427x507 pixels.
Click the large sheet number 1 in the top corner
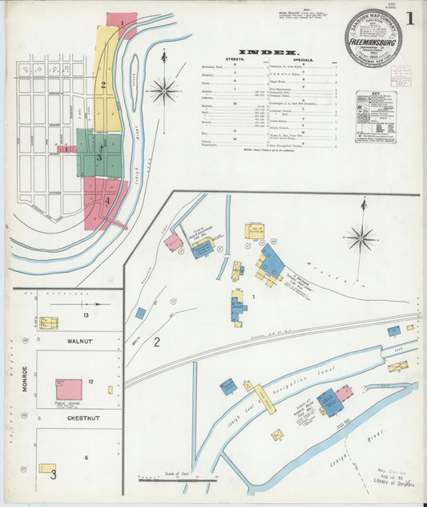click(409, 18)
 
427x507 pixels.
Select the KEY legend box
click(376, 116)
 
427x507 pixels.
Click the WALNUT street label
click(80, 342)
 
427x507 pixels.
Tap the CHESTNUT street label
click(82, 418)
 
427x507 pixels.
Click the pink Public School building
click(69, 390)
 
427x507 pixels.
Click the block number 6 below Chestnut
click(87, 457)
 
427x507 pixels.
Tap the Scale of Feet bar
click(178, 481)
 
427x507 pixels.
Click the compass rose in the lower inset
click(361, 237)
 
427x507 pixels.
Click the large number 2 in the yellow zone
click(103, 84)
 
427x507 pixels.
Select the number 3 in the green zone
click(99, 158)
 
